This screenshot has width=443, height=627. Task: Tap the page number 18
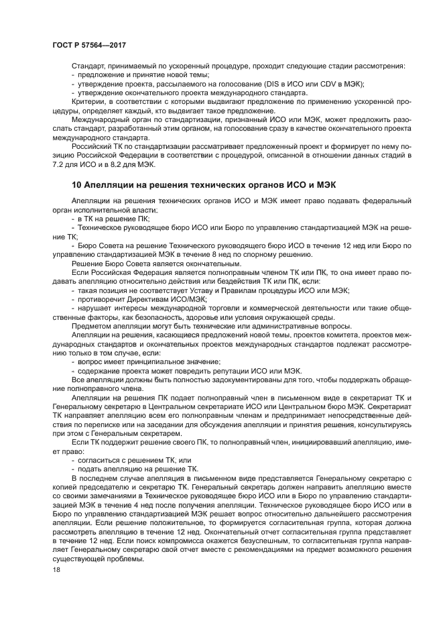(x=56, y=569)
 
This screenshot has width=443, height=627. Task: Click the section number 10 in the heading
(x=76, y=184)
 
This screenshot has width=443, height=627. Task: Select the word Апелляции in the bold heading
(x=109, y=184)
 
